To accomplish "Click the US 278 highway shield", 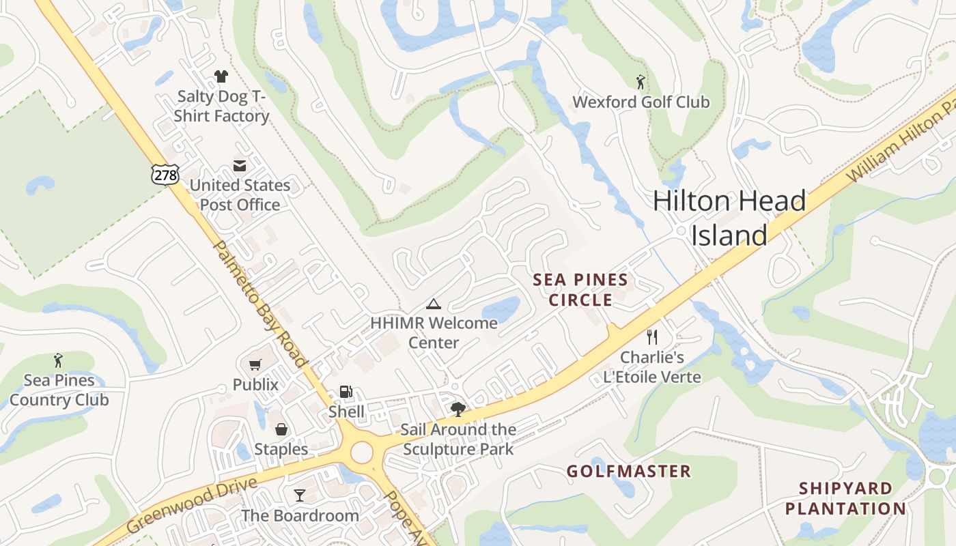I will (x=165, y=175).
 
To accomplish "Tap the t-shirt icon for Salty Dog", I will (x=221, y=76).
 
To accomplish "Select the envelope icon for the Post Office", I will (x=240, y=165).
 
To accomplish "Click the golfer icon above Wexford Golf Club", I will (x=640, y=83).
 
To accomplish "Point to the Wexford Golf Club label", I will (x=641, y=102).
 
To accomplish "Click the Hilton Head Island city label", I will (x=729, y=218).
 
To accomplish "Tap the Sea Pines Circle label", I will (x=580, y=290).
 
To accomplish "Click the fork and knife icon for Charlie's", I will (x=652, y=336).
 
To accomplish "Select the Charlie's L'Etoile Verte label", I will (x=652, y=367).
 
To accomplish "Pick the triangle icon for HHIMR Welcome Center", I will (x=433, y=304).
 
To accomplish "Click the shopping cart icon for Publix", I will (x=255, y=365).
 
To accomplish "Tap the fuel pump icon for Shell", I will (x=346, y=392).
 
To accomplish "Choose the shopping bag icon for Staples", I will (x=281, y=429).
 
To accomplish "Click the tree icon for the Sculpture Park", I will (x=458, y=409).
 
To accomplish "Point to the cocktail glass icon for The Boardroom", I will (x=299, y=495).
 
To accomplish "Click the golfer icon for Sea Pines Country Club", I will (x=58, y=360).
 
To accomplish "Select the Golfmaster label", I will (x=629, y=472).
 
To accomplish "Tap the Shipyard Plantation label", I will (x=845, y=499).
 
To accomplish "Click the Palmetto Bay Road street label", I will (x=260, y=304).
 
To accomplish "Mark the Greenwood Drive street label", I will (x=192, y=506).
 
